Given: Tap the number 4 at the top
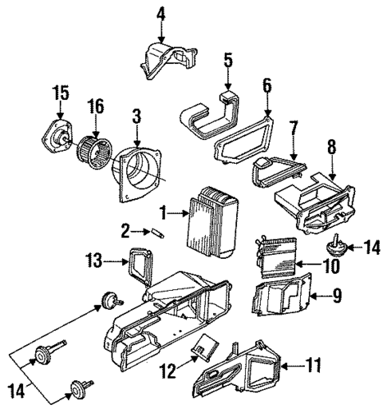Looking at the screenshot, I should (160, 13).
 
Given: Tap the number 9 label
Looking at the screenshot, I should (337, 297).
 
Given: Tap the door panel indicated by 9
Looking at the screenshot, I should (283, 299).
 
